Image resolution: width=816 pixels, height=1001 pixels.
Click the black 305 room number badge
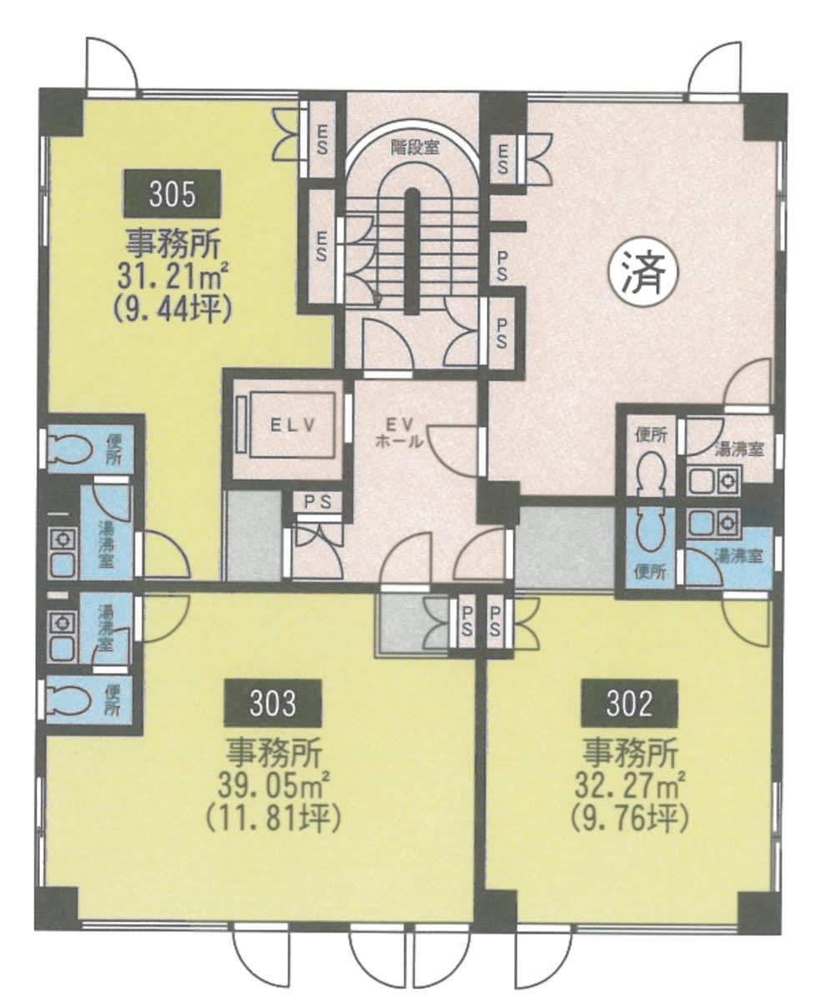click(x=173, y=194)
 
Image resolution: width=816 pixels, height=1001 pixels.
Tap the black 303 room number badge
click(x=273, y=703)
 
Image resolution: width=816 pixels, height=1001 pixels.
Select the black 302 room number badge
click(x=628, y=703)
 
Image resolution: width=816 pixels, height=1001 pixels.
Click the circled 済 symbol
click(x=644, y=273)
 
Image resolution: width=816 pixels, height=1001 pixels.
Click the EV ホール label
click(x=399, y=432)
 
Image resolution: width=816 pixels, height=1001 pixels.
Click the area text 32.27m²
click(x=630, y=784)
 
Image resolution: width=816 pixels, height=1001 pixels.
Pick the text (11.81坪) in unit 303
click(x=273, y=818)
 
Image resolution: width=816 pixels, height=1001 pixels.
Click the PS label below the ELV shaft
click(x=318, y=502)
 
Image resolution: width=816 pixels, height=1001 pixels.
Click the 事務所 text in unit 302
click(x=630, y=752)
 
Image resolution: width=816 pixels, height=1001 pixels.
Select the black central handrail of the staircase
click(x=413, y=251)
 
